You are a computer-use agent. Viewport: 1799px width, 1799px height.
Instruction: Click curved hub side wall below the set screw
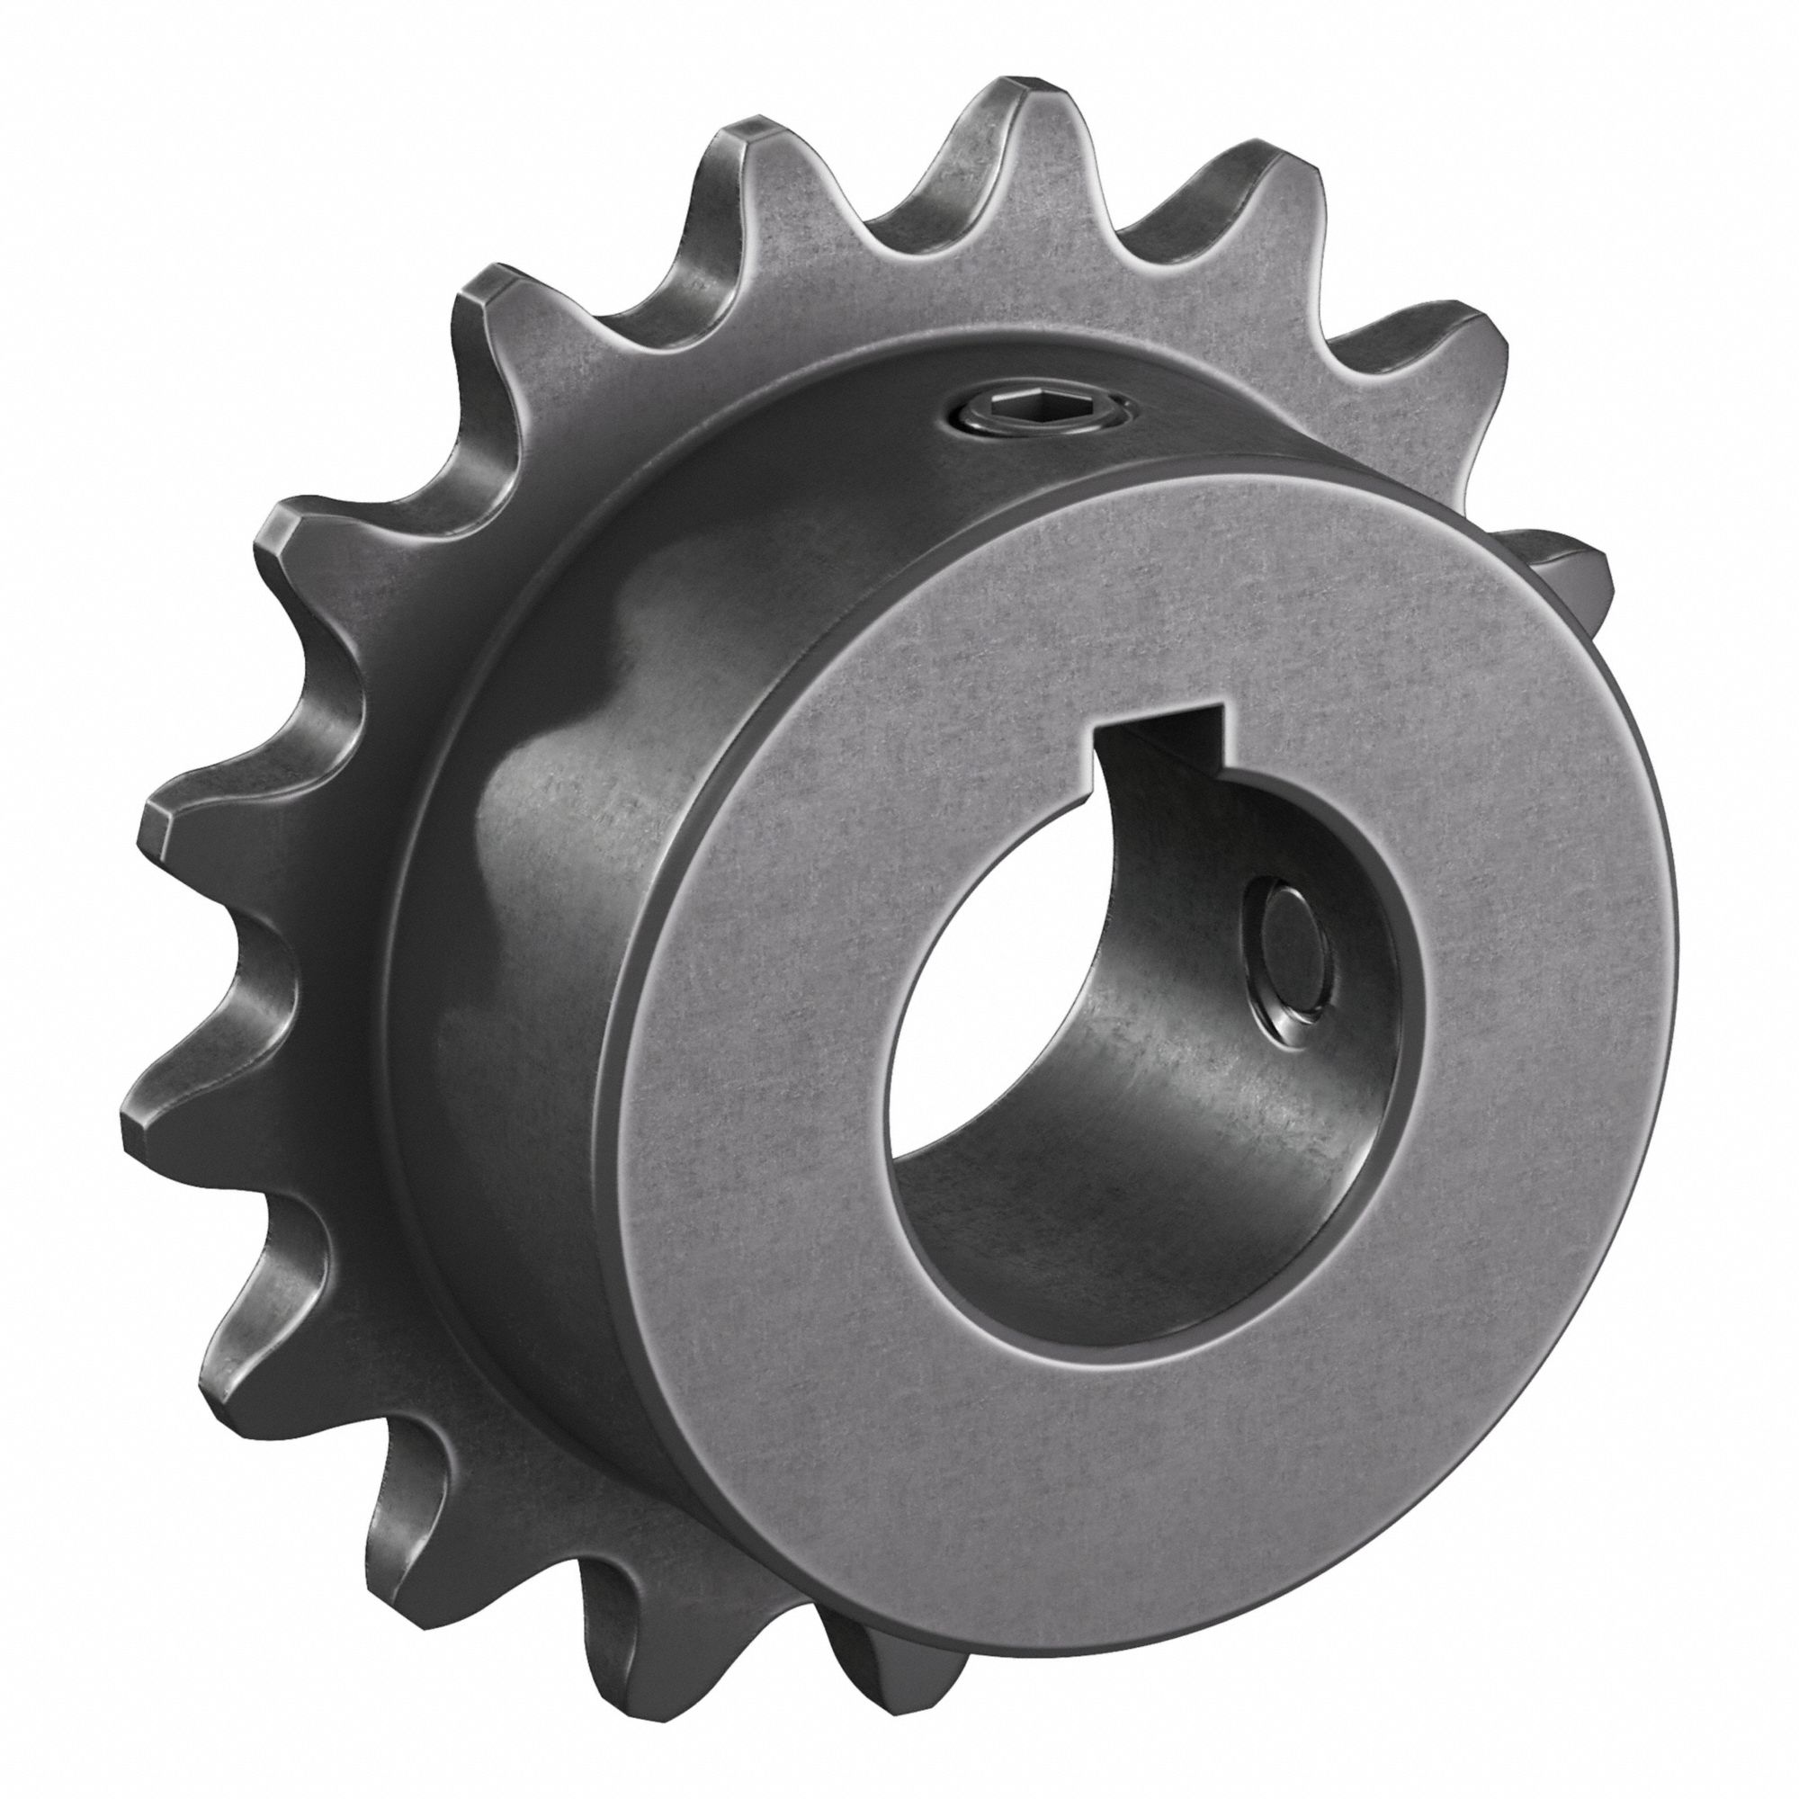click(x=978, y=522)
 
